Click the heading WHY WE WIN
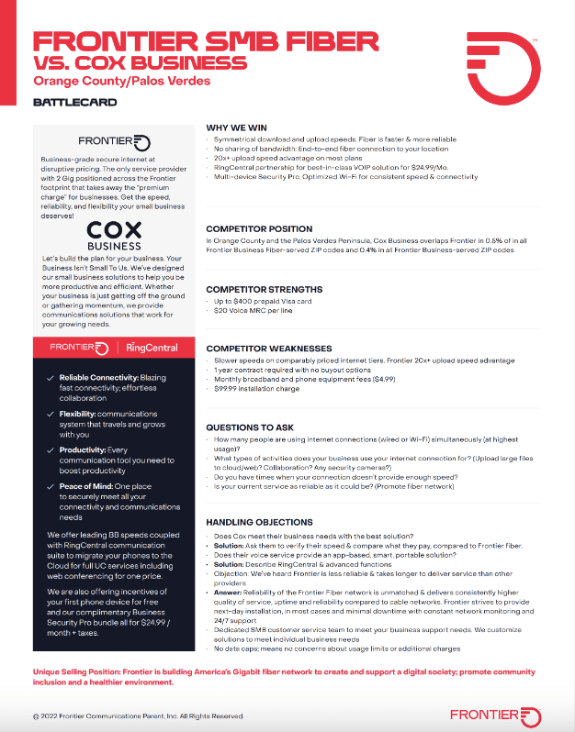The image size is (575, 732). (237, 128)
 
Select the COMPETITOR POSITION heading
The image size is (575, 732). (259, 228)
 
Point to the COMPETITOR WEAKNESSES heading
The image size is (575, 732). (268, 349)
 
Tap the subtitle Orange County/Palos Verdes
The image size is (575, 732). (121, 81)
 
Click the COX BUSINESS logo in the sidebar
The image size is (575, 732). (114, 208)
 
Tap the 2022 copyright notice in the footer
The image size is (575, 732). (138, 715)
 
